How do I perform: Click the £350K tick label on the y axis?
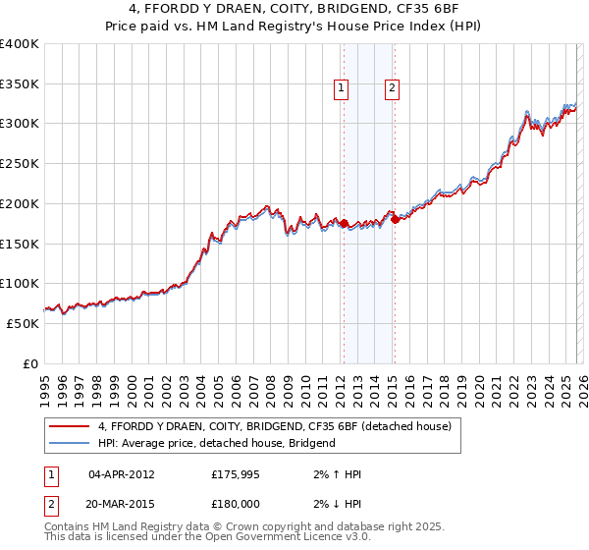click(20, 84)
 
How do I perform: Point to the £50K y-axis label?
click(23, 323)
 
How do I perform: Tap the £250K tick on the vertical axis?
click(20, 164)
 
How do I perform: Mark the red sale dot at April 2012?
click(344, 223)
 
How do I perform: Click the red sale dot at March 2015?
click(395, 220)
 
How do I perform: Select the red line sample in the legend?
click(70, 426)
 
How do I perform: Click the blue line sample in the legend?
click(70, 443)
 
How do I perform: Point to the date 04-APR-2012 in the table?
click(122, 474)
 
